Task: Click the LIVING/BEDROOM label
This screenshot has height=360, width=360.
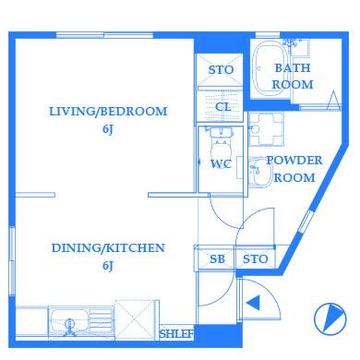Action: point(108,112)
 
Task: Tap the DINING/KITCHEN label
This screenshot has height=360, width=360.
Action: point(108,248)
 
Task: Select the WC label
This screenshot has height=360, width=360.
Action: point(221,164)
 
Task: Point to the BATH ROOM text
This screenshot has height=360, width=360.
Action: point(293,77)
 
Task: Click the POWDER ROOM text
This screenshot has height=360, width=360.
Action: point(294,169)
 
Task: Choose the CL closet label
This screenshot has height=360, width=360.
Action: point(223,107)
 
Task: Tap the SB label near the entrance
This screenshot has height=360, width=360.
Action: point(217,259)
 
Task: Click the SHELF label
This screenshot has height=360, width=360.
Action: point(176,333)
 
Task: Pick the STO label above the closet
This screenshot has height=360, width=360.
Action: point(221,70)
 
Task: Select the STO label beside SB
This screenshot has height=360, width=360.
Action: point(256,259)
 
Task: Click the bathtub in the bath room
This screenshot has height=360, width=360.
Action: point(270,68)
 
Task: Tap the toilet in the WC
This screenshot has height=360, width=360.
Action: point(221,144)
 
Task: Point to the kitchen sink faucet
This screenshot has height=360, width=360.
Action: point(70,328)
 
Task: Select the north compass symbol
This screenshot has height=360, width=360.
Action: point(330,319)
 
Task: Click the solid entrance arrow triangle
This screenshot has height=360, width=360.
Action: point(254,303)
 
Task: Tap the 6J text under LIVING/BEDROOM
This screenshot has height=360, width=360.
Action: point(108,129)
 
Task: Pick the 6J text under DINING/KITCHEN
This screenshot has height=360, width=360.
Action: point(108,266)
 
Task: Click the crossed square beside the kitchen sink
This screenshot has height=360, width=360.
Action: point(137,319)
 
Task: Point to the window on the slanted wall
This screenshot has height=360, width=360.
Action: point(306,222)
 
